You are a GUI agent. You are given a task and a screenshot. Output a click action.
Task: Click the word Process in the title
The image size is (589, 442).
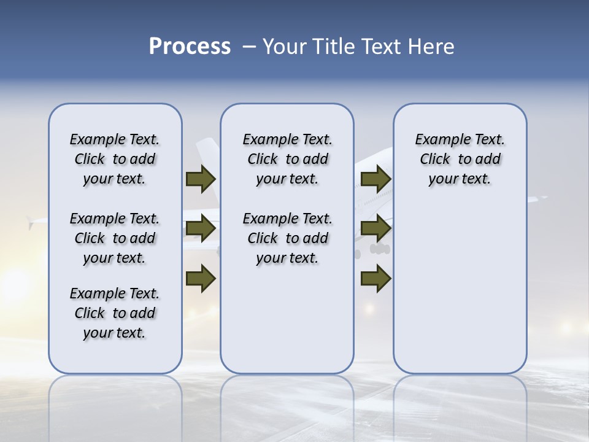[190, 47]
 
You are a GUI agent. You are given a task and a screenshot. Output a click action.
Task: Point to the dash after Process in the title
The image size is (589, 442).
[248, 47]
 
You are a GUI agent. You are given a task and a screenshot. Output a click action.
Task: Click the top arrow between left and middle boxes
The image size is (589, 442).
[201, 179]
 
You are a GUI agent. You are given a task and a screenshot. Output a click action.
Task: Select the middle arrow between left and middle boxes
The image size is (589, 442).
[201, 229]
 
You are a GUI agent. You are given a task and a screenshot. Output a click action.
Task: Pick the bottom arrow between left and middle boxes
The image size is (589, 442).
[201, 278]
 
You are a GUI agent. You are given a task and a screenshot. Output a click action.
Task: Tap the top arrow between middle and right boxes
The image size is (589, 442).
[375, 179]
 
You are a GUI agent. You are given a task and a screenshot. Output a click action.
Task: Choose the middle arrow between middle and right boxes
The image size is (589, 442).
[375, 229]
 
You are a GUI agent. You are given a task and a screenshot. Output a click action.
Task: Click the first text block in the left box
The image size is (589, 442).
[115, 159]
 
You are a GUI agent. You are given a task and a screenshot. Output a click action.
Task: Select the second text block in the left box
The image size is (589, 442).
[115, 238]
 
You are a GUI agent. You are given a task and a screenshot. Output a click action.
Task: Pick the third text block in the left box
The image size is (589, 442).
[115, 313]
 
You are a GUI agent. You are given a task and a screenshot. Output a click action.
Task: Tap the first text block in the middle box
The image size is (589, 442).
[287, 159]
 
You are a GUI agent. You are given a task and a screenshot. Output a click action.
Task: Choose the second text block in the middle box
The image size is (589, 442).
[287, 238]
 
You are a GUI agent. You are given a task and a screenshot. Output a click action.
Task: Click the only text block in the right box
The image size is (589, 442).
[460, 159]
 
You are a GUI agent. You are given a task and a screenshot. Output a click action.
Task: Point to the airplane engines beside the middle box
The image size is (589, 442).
[380, 249]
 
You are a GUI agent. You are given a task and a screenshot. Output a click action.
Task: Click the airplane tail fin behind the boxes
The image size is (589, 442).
[206, 153]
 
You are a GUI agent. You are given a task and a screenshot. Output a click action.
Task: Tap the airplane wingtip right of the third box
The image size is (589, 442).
[540, 198]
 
